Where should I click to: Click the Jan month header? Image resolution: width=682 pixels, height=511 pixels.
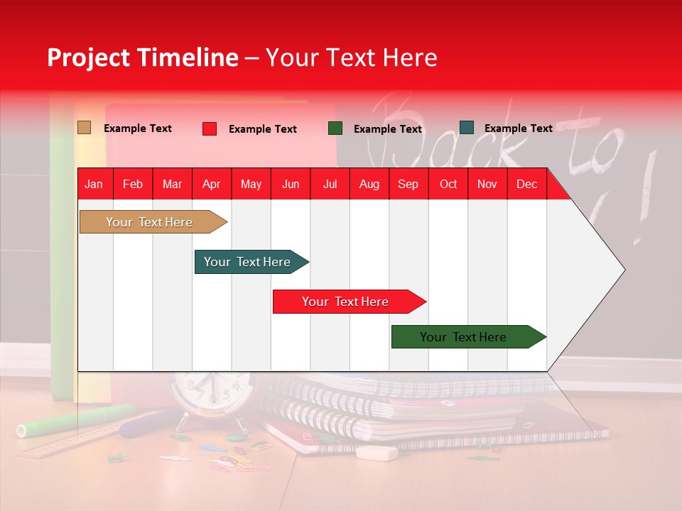coord(94,184)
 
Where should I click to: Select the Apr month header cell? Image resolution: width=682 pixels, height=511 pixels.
coord(211,184)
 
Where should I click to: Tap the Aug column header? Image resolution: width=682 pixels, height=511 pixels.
coord(369,184)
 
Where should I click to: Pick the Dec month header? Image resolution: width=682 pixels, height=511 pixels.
coord(526,184)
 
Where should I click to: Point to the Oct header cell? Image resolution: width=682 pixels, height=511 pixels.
coord(448,184)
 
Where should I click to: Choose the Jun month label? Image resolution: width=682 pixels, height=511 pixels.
coord(290,184)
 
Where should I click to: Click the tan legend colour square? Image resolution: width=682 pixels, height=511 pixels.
coord(84,128)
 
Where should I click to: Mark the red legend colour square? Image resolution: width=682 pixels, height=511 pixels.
coord(210,128)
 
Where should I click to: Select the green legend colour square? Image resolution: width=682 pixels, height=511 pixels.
coord(335,128)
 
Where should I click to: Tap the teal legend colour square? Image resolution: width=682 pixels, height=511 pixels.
coord(467,128)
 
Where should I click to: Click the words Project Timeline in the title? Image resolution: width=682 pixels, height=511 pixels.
coord(142,57)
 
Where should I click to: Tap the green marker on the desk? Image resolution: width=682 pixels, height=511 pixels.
coord(75,420)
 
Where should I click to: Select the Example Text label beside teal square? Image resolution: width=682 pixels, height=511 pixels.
coord(518,128)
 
